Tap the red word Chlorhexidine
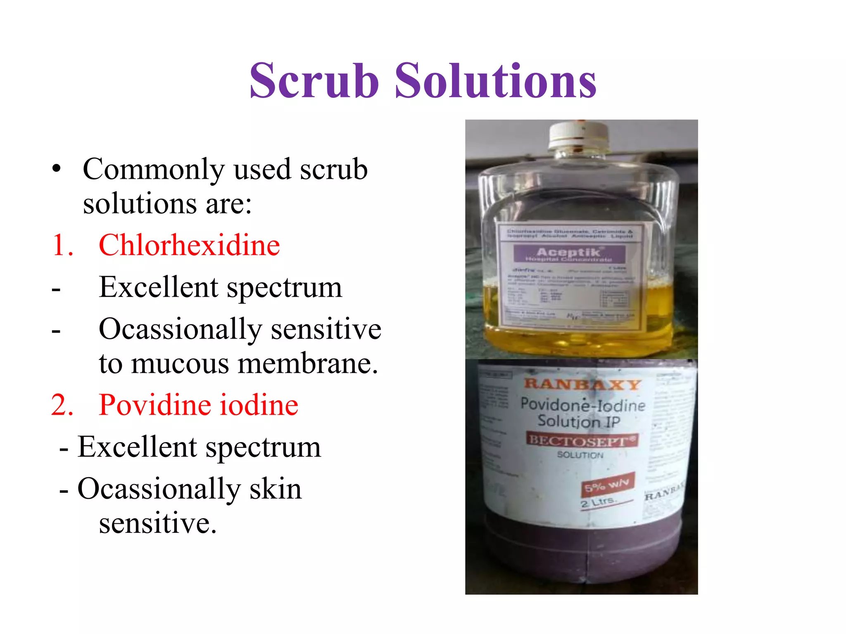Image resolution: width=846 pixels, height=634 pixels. click(189, 245)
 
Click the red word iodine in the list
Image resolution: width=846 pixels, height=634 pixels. click(259, 405)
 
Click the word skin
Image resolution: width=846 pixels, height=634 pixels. click(276, 489)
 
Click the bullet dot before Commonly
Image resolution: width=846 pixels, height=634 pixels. click(57, 169)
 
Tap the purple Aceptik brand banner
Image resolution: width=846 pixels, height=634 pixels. click(569, 253)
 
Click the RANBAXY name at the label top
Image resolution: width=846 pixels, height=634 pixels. click(582, 384)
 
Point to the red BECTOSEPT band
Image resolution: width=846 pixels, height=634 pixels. click(582, 440)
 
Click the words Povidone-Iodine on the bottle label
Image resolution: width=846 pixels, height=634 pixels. click(582, 405)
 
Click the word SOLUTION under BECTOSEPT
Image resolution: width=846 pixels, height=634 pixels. click(580, 455)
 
